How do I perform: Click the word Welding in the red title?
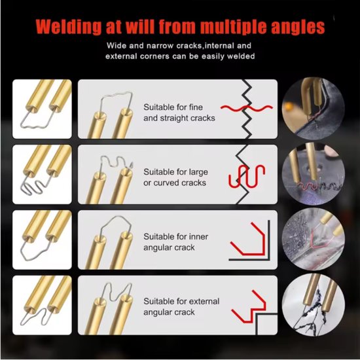tap(68, 27)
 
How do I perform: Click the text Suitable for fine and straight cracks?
tap(179, 113)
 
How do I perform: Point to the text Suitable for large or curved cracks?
tap(175, 177)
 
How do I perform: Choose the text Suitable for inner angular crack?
tap(175, 242)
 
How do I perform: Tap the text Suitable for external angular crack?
tap(181, 307)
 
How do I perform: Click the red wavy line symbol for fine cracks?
tap(247, 108)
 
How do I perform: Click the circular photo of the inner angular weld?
tap(313, 239)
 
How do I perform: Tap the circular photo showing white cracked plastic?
tap(313, 304)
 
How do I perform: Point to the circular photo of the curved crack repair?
tap(313, 174)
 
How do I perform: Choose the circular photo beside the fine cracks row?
tap(313, 109)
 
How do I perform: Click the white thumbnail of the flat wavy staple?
tap(42, 109)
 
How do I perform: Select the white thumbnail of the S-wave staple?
tap(42, 174)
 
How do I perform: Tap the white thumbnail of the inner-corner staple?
tap(42, 240)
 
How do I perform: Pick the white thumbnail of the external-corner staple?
tap(42, 305)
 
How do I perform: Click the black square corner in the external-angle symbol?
tap(257, 314)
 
